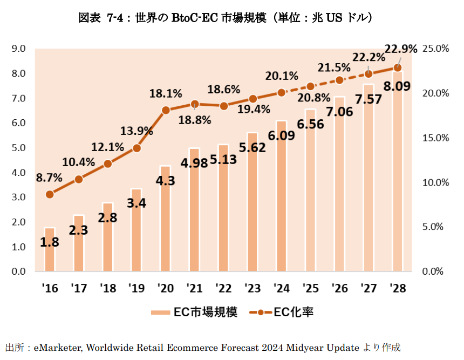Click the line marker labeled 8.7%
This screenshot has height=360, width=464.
[50, 194]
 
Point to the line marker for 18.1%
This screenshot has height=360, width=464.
[166, 110]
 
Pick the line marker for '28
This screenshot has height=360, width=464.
[398, 67]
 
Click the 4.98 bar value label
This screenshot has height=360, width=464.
[194, 164]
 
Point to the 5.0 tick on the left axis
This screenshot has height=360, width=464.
[18, 148]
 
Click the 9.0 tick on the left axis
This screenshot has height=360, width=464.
[18, 49]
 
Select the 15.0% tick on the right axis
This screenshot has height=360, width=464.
[436, 138]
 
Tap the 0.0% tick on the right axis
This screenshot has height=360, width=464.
[436, 271]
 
